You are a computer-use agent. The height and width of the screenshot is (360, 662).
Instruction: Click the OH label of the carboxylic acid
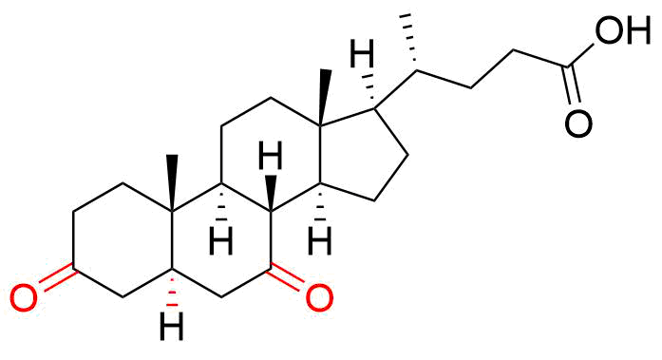(623, 30)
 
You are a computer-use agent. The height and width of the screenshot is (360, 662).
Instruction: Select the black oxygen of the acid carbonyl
(578, 123)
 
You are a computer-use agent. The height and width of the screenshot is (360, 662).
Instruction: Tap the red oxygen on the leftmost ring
(24, 298)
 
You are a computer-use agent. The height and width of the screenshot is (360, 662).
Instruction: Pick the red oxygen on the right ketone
(319, 298)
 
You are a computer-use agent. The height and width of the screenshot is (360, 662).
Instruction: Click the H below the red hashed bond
(171, 326)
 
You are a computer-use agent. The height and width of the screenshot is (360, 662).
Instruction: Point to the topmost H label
(362, 53)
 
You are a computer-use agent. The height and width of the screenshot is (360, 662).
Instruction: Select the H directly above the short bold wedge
(271, 156)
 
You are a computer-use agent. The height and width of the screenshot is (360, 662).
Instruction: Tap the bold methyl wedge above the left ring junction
(171, 182)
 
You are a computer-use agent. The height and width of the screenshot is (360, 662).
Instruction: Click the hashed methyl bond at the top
(410, 43)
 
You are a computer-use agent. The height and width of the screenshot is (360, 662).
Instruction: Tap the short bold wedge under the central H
(271, 193)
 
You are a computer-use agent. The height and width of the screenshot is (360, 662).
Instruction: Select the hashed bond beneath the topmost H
(369, 90)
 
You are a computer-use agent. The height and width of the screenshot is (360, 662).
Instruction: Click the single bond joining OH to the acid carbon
(582, 55)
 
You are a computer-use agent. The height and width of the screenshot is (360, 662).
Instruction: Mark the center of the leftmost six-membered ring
(123, 239)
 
